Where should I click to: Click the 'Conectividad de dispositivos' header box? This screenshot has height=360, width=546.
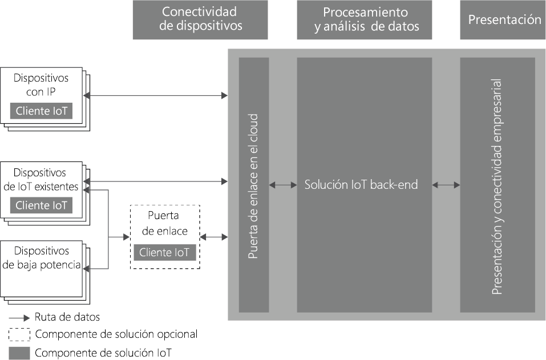200,19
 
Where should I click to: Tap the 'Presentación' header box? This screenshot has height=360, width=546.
504,19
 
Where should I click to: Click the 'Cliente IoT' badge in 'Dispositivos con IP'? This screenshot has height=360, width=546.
41,111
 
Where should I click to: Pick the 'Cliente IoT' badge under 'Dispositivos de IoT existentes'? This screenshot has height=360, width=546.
41,205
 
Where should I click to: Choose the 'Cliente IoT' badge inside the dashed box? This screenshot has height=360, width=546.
165,252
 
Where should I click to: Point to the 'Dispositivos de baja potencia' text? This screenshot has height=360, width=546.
41,258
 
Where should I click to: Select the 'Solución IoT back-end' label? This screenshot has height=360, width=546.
361,185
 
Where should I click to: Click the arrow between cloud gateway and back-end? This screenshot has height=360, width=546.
283,185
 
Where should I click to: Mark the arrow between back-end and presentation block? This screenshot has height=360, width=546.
446,185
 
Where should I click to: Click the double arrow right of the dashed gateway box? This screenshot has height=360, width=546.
213,237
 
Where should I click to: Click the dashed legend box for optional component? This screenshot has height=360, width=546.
19,334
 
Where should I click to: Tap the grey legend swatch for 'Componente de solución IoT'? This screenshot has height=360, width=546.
19,353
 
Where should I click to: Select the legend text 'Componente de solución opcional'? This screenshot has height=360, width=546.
116,334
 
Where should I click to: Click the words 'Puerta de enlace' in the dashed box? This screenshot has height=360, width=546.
164,223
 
